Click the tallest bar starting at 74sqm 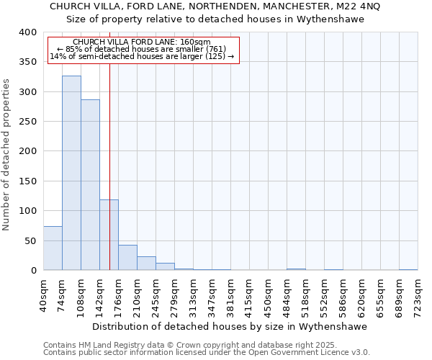pyautogui.click(x=71, y=173)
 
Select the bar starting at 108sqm pyautogui.click(x=90, y=185)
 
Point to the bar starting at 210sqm pyautogui.click(x=146, y=264)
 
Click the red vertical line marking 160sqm pyautogui.click(x=109, y=144)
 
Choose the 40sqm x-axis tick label pyautogui.click(x=44, y=294)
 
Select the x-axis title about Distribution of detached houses pyautogui.click(x=230, y=326)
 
